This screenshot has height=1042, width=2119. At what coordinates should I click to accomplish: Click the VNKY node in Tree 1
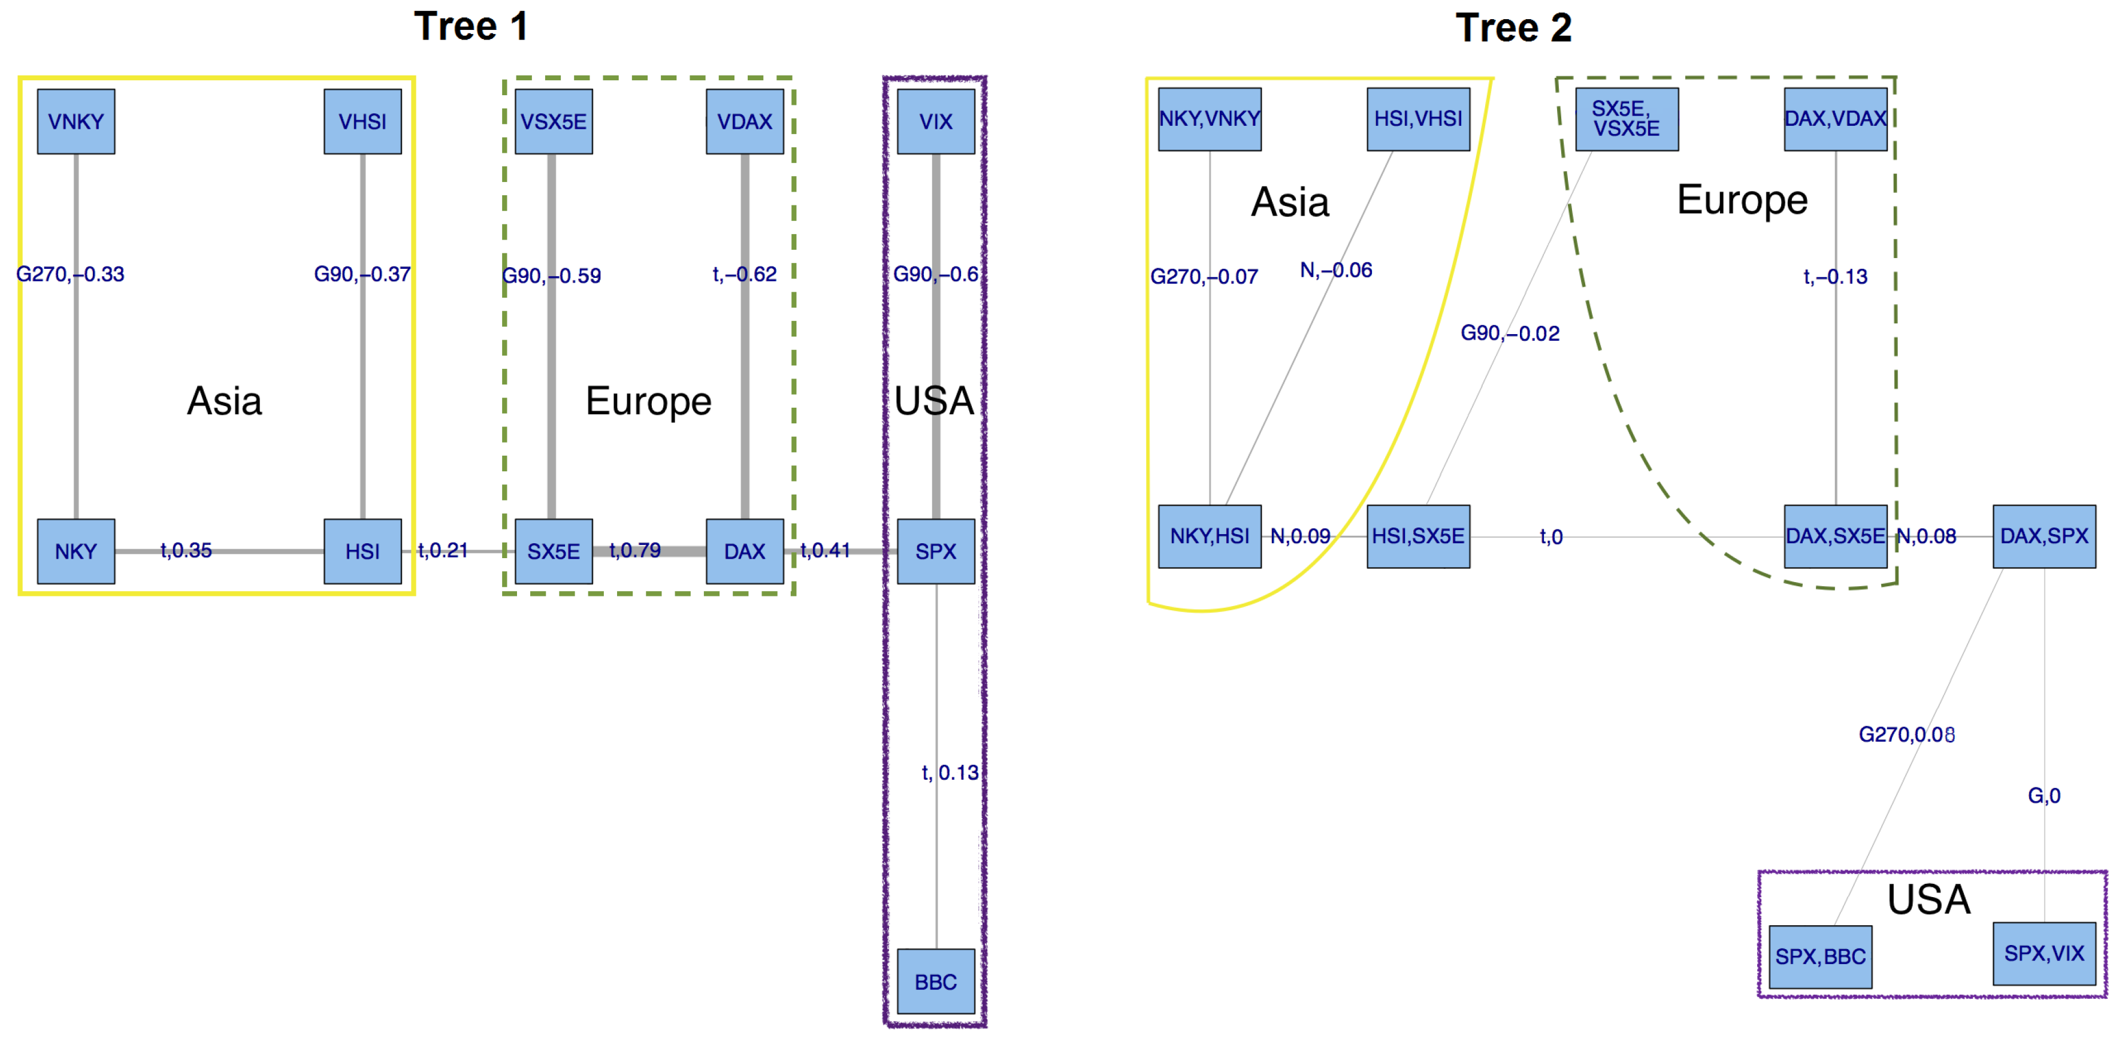click(75, 122)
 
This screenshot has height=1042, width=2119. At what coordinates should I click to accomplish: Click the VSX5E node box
click(554, 122)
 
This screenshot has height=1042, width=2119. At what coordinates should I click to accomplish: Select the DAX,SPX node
click(2044, 536)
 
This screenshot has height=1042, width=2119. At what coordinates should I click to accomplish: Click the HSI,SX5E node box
click(1418, 536)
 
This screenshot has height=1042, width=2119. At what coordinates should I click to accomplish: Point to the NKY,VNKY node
click(1209, 119)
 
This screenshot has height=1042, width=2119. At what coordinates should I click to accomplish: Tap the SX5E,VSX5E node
click(1627, 119)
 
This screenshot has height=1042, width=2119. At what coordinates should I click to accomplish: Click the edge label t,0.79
click(634, 550)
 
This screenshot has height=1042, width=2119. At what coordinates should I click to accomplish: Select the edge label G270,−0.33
click(71, 274)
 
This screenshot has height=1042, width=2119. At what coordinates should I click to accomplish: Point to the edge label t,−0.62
click(745, 274)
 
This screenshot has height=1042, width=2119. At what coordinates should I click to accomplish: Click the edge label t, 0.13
click(950, 773)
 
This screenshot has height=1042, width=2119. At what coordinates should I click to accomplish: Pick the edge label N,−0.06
click(1336, 269)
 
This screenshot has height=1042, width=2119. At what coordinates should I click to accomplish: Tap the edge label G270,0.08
click(1906, 734)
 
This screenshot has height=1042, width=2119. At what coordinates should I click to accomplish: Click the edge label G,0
click(2044, 795)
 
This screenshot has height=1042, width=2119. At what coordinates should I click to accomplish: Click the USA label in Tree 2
click(1929, 899)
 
